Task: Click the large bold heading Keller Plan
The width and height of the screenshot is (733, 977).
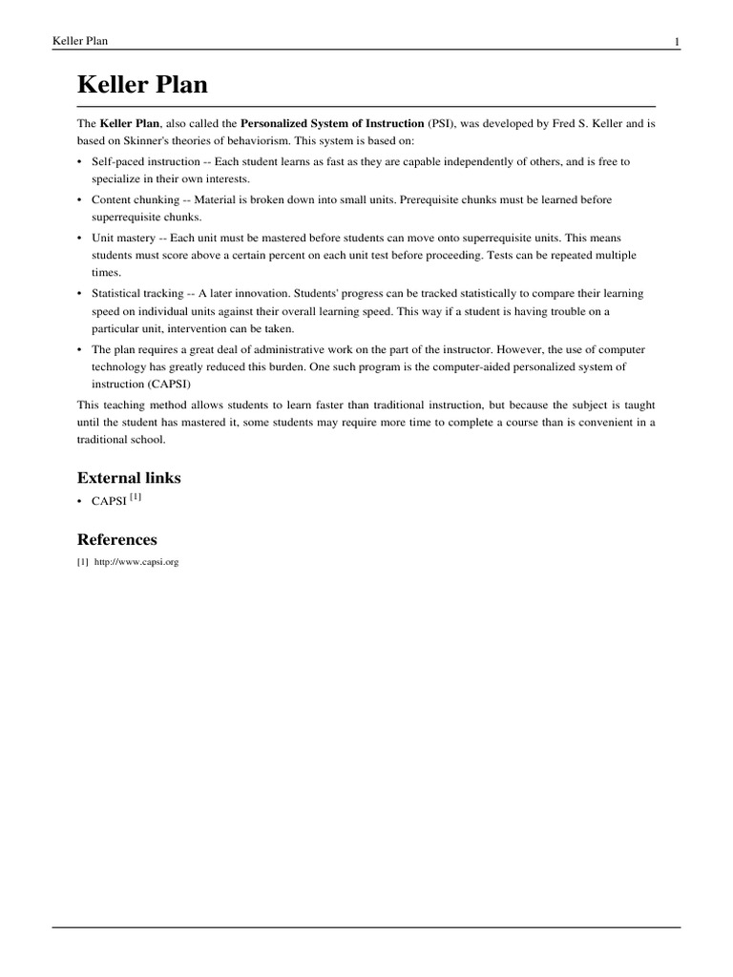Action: (x=142, y=86)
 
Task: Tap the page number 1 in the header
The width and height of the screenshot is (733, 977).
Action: (x=676, y=41)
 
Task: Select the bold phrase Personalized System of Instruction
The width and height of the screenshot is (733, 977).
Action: (x=332, y=124)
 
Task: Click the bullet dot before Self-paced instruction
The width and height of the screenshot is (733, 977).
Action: (x=80, y=162)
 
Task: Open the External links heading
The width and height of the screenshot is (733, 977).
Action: (x=129, y=477)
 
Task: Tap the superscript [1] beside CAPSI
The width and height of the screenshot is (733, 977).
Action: (x=136, y=497)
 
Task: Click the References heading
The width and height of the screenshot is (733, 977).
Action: (x=116, y=539)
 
